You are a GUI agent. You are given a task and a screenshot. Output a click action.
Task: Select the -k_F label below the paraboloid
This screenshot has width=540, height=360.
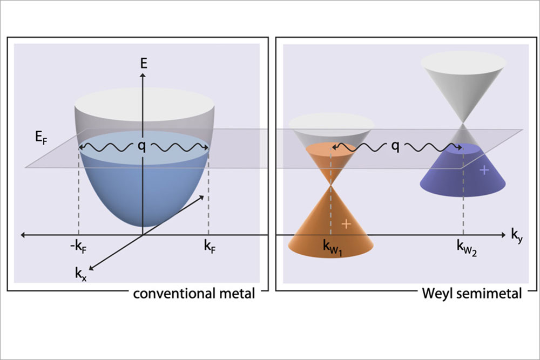click(75, 249)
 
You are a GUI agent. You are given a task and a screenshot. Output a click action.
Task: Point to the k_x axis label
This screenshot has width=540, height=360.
click(83, 271)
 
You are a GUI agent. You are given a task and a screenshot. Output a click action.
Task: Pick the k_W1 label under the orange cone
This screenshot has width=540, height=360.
click(333, 249)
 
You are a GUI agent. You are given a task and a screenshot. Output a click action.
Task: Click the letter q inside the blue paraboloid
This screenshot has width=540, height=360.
click(143, 146)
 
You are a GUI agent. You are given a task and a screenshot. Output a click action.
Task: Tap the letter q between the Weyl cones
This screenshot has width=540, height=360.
click(395, 146)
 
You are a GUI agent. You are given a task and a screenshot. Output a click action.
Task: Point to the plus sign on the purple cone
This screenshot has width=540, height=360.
click(484, 170)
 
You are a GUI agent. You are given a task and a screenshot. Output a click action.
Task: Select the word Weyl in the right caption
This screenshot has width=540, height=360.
click(438, 294)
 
